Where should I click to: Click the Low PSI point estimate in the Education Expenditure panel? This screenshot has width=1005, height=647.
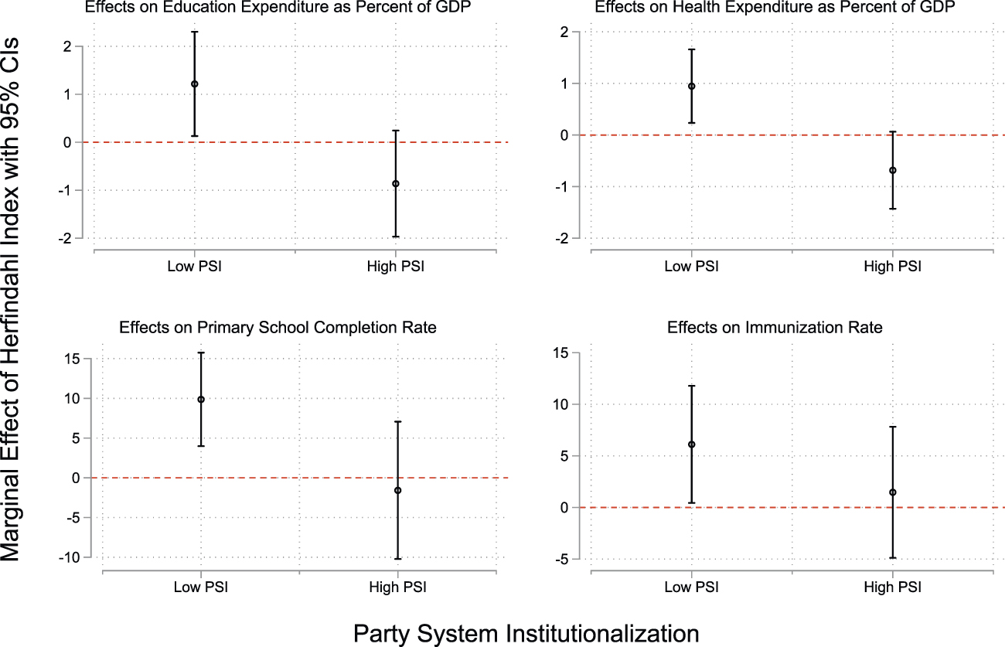195,84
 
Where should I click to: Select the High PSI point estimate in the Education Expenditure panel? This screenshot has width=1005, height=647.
396,184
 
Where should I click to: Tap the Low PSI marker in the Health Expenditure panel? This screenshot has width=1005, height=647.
691,87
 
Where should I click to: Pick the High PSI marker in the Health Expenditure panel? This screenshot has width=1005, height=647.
892,170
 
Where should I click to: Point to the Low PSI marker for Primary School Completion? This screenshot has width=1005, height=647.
201,400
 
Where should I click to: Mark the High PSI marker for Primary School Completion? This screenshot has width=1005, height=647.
397,490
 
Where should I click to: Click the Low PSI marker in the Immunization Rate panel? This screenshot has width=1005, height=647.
691,444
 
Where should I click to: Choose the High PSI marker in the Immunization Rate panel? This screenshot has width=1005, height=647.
892,492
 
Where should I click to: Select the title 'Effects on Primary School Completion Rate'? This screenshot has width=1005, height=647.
278,328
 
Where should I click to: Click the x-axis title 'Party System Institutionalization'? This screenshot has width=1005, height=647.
526,633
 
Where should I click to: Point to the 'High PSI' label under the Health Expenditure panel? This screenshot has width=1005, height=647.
892,267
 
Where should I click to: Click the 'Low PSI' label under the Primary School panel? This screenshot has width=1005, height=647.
201,586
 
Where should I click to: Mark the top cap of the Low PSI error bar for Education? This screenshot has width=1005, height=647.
195,32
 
